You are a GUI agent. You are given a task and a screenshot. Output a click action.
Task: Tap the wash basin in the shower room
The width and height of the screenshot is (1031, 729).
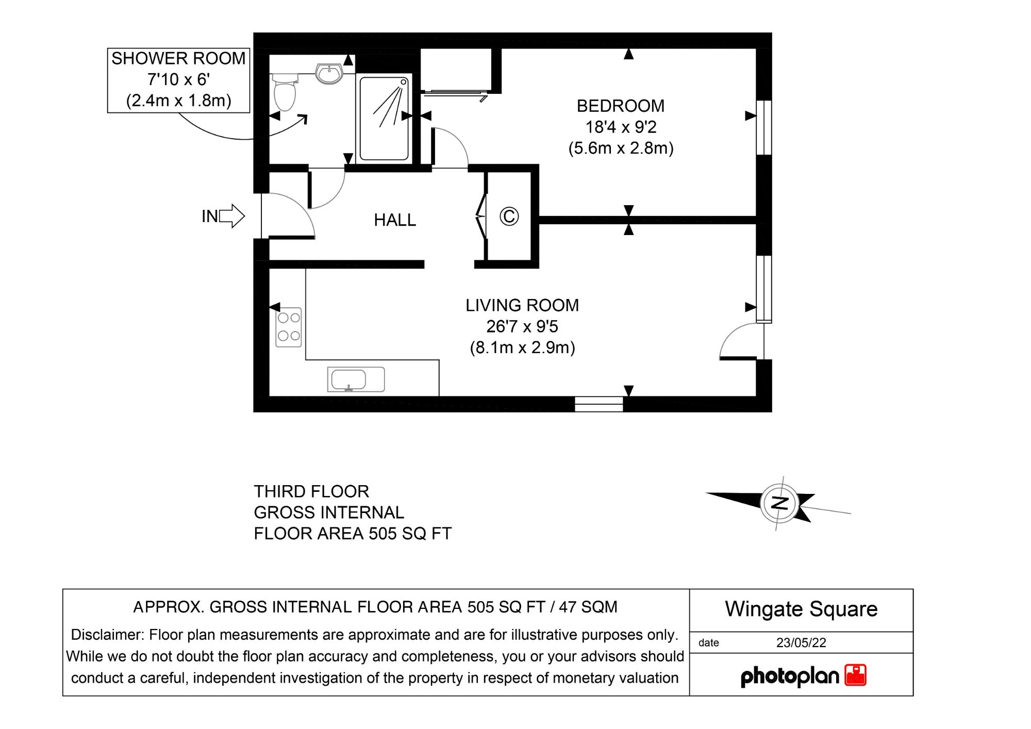click(x=329, y=74)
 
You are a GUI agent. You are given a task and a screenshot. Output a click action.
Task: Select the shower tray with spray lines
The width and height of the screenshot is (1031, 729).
click(x=384, y=119)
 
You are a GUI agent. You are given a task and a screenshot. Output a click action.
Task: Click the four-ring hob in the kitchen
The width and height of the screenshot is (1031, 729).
click(x=289, y=327)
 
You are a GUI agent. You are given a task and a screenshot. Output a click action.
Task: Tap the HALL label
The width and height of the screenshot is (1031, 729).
click(x=394, y=220)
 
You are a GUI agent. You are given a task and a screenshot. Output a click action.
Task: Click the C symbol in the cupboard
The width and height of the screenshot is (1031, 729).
click(x=509, y=216)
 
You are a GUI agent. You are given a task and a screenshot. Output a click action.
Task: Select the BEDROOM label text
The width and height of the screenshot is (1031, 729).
click(x=620, y=106)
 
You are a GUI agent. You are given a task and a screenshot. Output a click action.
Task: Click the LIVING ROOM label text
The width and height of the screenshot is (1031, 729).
click(x=522, y=305)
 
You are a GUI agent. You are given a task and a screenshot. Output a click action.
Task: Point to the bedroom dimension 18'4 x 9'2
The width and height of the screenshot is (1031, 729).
click(x=620, y=127)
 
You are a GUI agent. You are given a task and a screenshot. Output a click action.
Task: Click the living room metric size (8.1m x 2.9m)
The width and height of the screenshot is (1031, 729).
click(x=522, y=347)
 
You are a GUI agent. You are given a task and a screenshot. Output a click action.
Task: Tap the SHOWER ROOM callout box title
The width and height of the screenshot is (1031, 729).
click(x=178, y=59)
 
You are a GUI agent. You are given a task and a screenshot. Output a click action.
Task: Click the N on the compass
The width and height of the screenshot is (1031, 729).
click(x=779, y=503)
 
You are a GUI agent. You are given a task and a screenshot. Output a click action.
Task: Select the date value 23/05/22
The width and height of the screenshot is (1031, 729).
click(x=801, y=643)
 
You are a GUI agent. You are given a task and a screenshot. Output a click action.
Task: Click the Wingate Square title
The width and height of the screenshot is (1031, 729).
click(x=801, y=609)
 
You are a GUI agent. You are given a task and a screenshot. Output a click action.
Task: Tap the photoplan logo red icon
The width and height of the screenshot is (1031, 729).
click(x=855, y=675)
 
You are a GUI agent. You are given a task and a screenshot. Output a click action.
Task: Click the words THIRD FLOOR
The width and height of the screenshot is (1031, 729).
click(x=311, y=491)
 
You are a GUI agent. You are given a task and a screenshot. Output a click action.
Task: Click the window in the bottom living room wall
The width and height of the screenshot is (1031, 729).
click(x=598, y=404)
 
